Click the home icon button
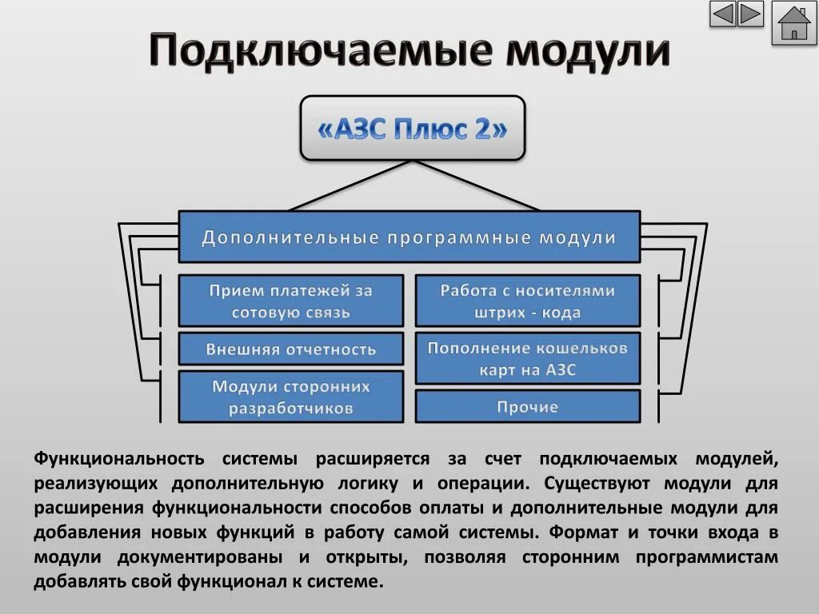[x=793, y=23]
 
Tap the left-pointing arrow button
[x=723, y=14]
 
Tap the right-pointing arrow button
[x=750, y=14]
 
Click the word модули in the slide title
[x=589, y=51]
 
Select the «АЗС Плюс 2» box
[x=412, y=129]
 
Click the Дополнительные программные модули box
[x=409, y=237]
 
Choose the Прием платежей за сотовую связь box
[x=290, y=301]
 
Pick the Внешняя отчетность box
[x=290, y=349]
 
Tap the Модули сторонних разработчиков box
[x=290, y=397]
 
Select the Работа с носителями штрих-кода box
[x=528, y=301]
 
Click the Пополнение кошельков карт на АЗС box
[x=528, y=358]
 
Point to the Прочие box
[x=528, y=407]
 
